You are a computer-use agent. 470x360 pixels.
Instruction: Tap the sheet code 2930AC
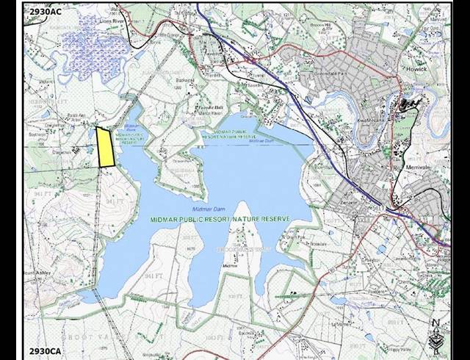pos(46,12)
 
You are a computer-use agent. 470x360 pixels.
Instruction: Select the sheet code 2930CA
pos(46,350)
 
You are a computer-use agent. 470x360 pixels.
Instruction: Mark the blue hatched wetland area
pos(88,48)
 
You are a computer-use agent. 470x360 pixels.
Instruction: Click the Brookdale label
pos(319,243)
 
